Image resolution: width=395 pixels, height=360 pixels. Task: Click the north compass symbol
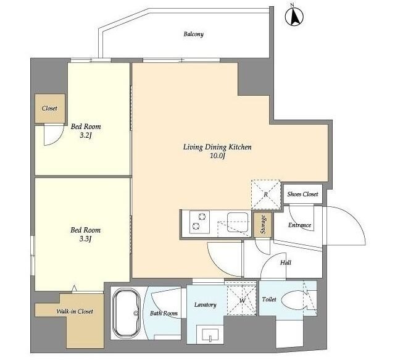[294, 16]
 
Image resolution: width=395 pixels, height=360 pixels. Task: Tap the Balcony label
[193, 35]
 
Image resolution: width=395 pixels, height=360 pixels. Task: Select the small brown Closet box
[50, 109]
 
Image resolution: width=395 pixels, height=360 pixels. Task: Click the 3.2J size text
[85, 136]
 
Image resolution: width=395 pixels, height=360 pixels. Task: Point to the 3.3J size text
[85, 239]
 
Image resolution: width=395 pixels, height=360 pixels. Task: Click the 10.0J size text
[217, 156]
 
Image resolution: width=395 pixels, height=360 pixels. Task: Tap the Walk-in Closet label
[75, 312]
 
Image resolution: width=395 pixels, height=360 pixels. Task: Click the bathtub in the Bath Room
[126, 313]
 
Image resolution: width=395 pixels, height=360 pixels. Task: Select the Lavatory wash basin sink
[210, 335]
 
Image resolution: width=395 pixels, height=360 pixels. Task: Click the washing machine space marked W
[242, 300]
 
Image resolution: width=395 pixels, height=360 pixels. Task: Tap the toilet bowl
[294, 299]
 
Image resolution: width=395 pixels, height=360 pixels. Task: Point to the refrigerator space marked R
[266, 195]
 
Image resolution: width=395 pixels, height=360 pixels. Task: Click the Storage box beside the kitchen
[263, 224]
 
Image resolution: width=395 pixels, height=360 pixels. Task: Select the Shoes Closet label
[302, 194]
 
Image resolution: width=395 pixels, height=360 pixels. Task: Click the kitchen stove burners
[199, 222]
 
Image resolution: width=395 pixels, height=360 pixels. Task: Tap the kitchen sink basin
[238, 222]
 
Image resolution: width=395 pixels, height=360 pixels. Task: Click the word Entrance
[299, 225]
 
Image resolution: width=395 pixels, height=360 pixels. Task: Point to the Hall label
[286, 262]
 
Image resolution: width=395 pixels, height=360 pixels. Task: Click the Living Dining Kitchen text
[217, 147]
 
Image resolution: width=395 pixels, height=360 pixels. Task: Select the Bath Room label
[164, 313]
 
